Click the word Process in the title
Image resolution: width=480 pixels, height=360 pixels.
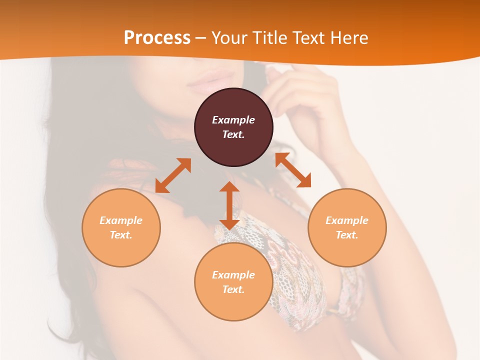pos(157,38)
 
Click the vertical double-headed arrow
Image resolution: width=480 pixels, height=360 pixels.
pos(229,205)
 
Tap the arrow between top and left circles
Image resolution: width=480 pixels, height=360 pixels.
pos(173,175)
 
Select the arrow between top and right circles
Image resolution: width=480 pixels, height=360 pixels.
pos(293,170)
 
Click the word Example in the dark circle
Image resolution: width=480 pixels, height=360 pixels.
pos(233,120)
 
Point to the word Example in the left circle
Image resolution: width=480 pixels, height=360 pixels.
pos(121,220)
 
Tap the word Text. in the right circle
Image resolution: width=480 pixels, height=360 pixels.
pos(347,235)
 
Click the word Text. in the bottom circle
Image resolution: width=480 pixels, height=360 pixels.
pos(233,289)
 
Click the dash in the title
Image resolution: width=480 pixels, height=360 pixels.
pos(200,38)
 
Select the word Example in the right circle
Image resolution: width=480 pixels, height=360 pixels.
pos(347,220)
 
